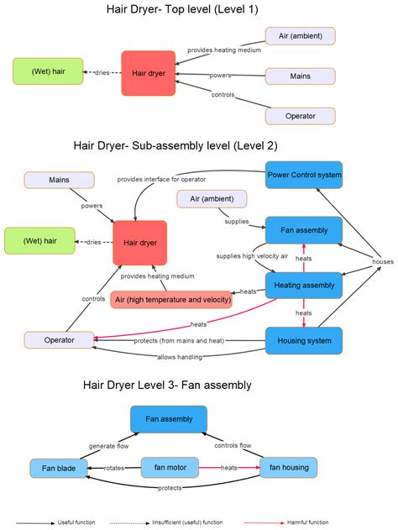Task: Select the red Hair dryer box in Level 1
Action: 149,73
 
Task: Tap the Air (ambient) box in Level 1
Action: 300,35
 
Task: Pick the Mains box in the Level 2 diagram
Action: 59,180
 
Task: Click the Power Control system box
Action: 304,175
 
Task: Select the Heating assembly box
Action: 304,286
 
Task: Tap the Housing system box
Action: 304,340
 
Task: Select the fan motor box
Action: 170,467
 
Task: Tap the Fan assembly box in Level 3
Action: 170,418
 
